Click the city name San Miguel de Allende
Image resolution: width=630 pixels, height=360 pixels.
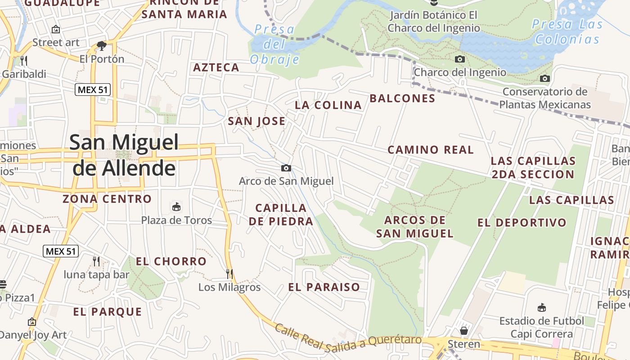pos(124,155)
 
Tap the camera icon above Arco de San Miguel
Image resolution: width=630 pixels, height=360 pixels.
pos(286,168)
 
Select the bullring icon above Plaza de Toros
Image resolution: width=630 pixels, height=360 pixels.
pos(176,207)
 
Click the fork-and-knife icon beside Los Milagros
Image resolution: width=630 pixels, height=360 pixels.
pos(229,274)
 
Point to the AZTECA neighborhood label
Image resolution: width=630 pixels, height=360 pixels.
pos(216,67)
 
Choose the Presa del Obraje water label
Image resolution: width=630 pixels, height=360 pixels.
pos(274,44)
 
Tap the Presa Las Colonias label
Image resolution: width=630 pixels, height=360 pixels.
pos(567,31)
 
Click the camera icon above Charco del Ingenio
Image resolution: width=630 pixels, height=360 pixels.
pos(460,59)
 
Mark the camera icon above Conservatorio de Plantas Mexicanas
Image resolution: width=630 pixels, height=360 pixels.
pos(545,79)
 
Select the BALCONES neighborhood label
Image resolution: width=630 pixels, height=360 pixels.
pos(402,99)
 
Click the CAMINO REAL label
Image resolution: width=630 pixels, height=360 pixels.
pos(431,150)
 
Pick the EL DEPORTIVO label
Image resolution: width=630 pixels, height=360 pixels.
pos(522,223)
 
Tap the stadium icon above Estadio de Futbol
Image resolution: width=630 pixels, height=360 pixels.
pos(542,308)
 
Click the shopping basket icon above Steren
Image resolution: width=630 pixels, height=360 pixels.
pos(464,331)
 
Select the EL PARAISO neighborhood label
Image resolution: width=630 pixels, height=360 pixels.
pos(324,287)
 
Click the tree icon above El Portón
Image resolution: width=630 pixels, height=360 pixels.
pos(102,45)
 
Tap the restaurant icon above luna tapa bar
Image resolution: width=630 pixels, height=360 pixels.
pos(96,261)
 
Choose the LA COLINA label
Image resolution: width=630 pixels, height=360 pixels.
pos(328,105)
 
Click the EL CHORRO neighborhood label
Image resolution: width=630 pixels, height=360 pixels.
pos(171,261)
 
